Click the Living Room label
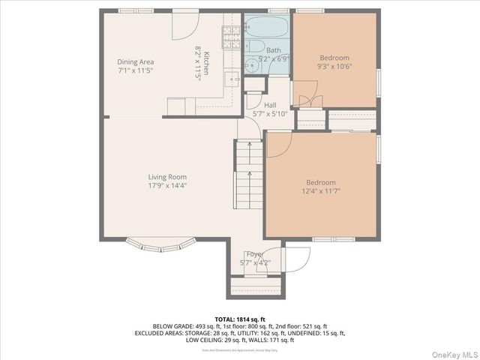pos(166,176)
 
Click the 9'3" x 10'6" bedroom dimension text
pos(334,66)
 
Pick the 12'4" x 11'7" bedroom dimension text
pos(320,191)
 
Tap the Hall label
pos(270,105)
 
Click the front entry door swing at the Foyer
pos(296,259)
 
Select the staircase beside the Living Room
pos(250,176)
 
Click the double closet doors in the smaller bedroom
pos(307,101)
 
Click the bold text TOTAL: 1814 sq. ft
pos(239,318)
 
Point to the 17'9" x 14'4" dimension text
pos(166,185)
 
